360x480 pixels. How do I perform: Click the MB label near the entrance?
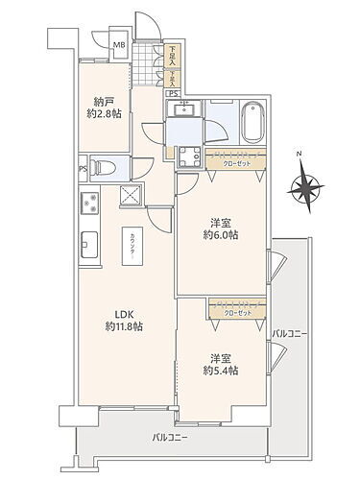(x=119, y=44)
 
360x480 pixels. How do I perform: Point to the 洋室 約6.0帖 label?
(x=220, y=226)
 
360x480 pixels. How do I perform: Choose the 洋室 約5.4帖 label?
(x=220, y=363)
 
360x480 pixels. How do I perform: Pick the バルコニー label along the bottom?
(x=171, y=438)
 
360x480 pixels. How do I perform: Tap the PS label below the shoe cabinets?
(x=171, y=93)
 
